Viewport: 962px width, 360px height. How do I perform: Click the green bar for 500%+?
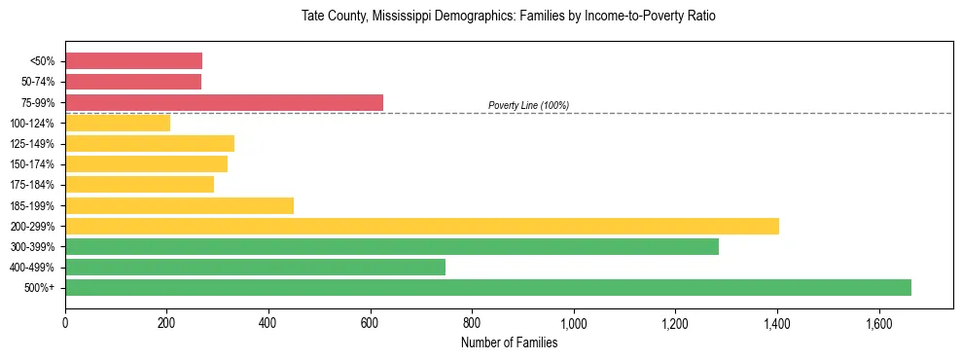click(488, 287)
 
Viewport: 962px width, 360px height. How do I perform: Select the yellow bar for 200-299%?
click(422, 226)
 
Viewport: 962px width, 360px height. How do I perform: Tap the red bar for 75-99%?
click(224, 102)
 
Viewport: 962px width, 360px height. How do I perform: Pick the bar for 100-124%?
click(118, 123)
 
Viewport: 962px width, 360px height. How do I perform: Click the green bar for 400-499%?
click(255, 267)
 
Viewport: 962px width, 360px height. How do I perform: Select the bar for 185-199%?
click(179, 205)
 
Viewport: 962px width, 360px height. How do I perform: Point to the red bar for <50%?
click(133, 61)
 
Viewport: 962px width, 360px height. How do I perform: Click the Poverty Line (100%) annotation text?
click(528, 105)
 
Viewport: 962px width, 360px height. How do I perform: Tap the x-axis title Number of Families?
click(509, 342)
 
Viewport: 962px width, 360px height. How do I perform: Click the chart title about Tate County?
click(509, 17)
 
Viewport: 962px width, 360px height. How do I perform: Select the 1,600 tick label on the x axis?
click(878, 322)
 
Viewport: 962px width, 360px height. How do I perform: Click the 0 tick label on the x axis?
click(65, 322)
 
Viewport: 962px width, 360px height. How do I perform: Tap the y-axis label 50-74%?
click(37, 82)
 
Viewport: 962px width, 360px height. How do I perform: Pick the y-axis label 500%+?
click(40, 288)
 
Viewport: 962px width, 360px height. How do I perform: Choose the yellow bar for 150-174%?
click(146, 163)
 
